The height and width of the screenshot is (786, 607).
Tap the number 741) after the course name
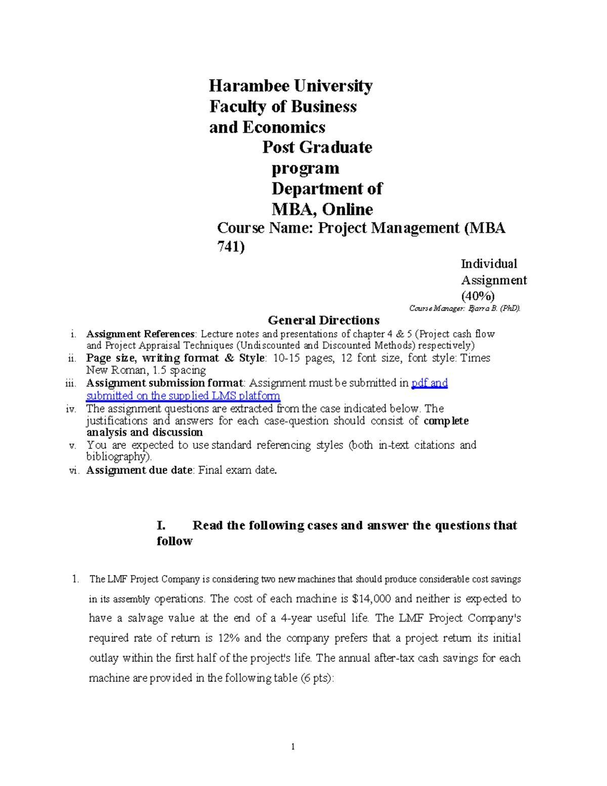(231, 247)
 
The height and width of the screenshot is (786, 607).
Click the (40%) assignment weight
(478, 296)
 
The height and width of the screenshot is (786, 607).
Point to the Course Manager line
(464, 308)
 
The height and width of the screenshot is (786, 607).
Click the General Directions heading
(323, 320)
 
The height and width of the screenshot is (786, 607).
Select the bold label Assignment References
(140, 334)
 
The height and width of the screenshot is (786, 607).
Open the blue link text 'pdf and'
(429, 383)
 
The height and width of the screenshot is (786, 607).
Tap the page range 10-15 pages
(303, 358)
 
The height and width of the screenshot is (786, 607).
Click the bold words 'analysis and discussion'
(144, 433)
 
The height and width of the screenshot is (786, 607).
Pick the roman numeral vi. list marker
(74, 471)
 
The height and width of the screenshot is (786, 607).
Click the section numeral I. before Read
(161, 525)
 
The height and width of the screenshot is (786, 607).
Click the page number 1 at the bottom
(292, 747)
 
